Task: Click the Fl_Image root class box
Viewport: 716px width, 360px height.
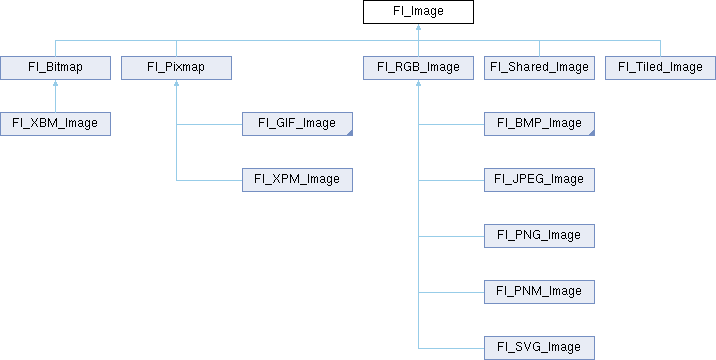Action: [418, 12]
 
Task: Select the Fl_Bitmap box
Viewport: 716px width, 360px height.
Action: [55, 68]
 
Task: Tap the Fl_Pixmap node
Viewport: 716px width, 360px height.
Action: [176, 68]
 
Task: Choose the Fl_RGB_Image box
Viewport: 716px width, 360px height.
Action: [418, 68]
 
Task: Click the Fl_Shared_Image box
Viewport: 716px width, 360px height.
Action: [540, 68]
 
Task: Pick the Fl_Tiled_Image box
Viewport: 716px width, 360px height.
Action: [660, 68]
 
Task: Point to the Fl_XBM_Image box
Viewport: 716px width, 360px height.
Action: [55, 124]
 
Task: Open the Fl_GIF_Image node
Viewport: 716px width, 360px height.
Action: [297, 124]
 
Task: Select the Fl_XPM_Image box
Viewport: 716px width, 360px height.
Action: [297, 180]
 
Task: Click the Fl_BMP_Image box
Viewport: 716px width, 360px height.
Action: [540, 124]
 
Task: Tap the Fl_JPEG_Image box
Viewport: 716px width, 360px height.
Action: [540, 180]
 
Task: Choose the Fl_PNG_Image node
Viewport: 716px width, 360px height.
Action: [540, 236]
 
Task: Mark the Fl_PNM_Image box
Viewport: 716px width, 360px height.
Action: [540, 292]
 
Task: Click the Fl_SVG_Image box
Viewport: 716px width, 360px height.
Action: [540, 347]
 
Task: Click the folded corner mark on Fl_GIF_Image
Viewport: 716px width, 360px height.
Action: [349, 132]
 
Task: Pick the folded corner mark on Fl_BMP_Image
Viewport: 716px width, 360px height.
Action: [591, 132]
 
